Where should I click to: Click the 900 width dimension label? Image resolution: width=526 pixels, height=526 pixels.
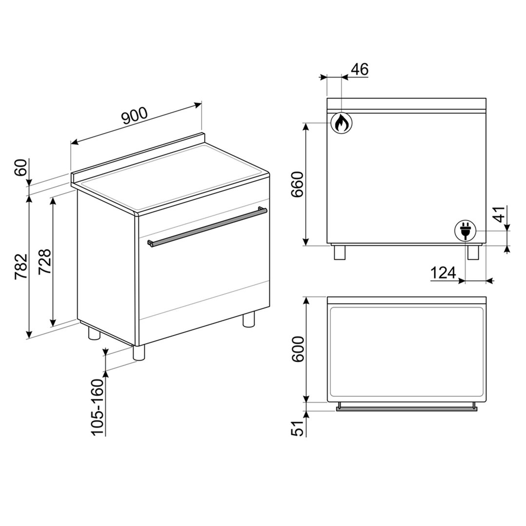point(134,117)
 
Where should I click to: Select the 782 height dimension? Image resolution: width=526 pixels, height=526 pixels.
point(21,267)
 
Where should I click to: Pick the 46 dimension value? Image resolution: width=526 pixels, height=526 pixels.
point(359,69)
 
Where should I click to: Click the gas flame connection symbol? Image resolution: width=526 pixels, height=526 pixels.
point(341,123)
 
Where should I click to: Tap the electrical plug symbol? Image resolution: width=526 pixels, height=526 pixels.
point(464,231)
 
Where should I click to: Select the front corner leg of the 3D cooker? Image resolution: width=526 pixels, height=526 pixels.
point(139,352)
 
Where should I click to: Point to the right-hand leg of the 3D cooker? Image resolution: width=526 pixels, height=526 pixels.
point(249,320)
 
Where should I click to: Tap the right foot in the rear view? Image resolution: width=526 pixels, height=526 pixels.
point(473,252)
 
